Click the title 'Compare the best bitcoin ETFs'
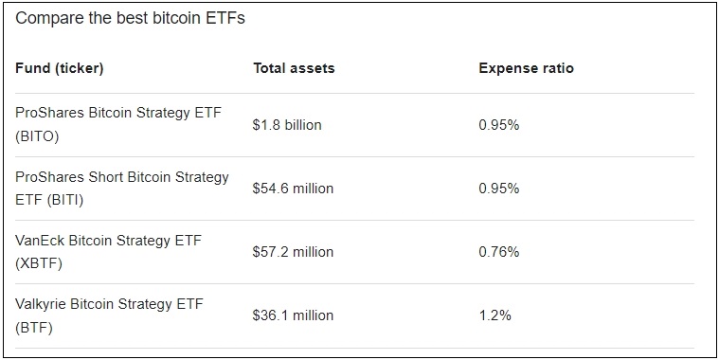tap(131, 19)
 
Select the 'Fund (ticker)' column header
tap(60, 68)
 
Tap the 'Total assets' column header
tap(294, 68)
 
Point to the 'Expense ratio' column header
tap(526, 68)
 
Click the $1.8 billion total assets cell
tap(287, 125)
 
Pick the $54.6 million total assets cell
tap(293, 189)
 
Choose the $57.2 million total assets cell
tap(293, 252)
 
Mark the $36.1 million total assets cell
tap(293, 315)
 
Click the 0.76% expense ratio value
tap(498, 252)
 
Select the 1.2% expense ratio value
tap(494, 315)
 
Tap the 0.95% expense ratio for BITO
tap(498, 125)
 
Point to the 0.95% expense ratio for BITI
tap(498, 189)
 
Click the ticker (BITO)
tap(38, 136)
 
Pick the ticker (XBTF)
tap(39, 263)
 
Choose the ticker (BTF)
tap(34, 328)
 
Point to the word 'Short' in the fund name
tap(105, 177)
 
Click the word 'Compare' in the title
tap(47, 19)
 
